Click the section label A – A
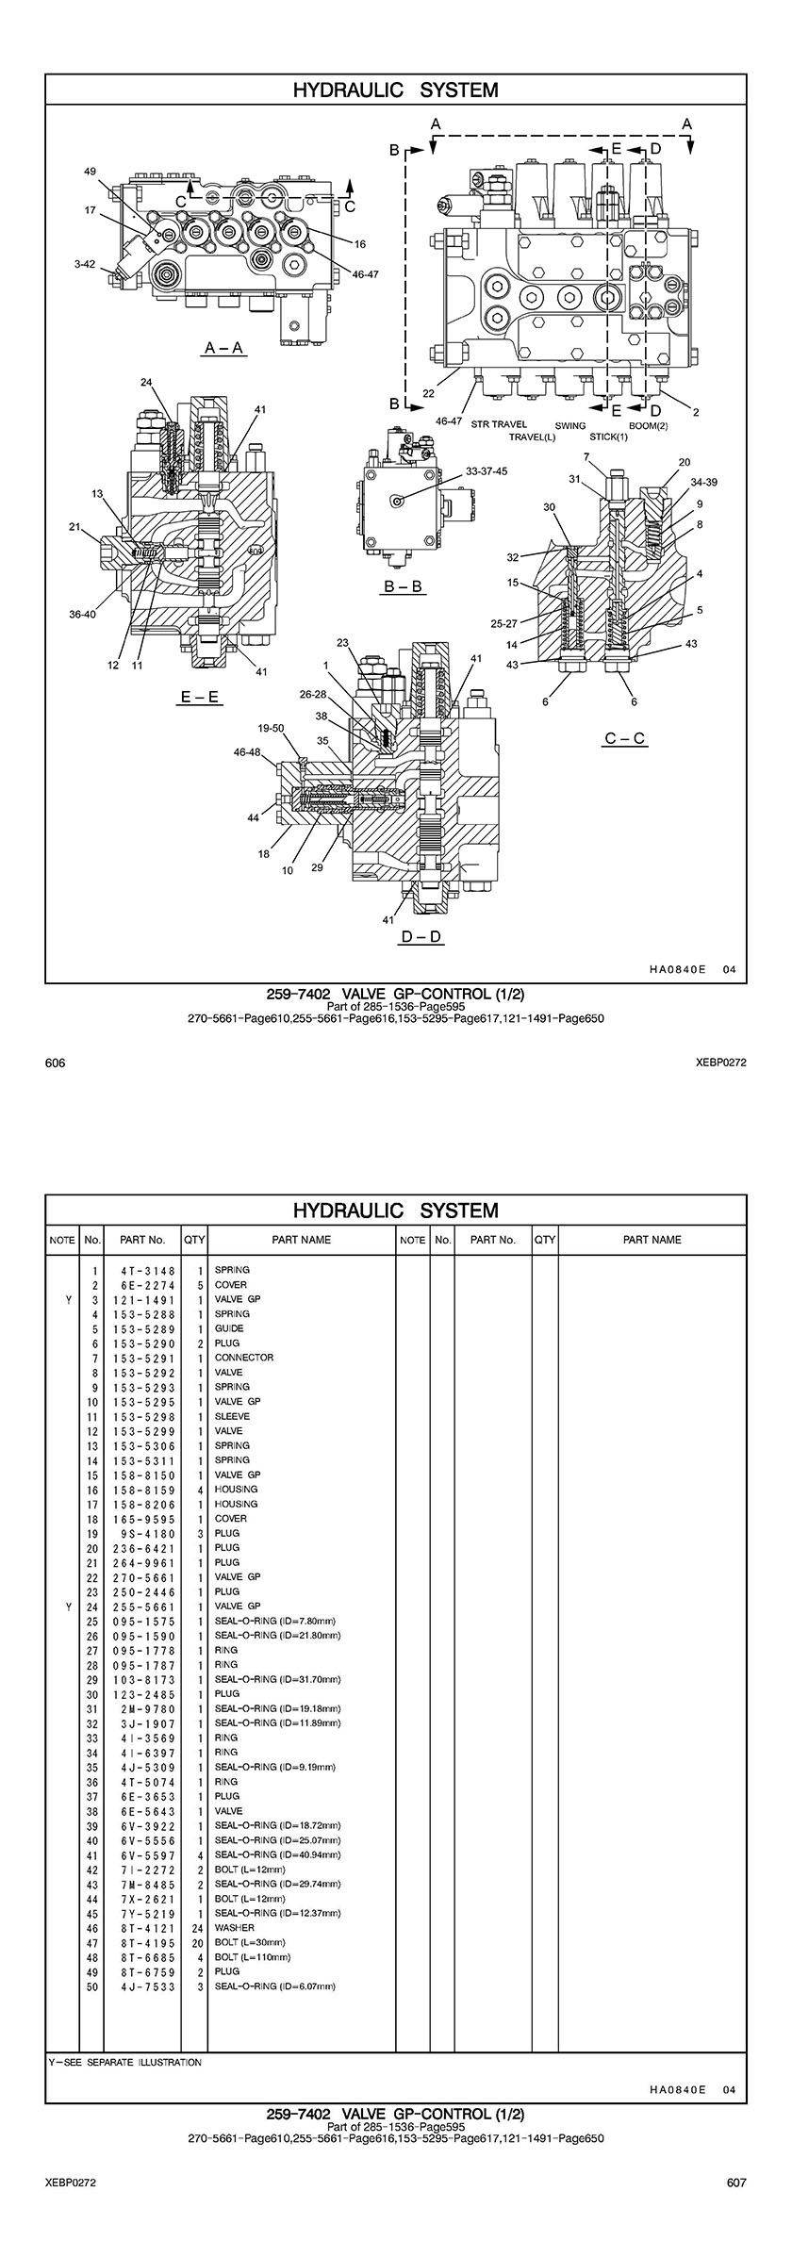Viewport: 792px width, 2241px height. coord(224,349)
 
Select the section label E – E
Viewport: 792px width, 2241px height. coord(200,698)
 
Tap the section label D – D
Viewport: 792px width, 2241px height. coord(421,936)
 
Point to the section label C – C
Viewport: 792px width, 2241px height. coord(626,738)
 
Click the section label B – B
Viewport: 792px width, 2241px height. coord(403,586)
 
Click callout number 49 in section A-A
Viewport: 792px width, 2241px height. coord(91,172)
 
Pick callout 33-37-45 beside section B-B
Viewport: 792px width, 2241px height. coord(487,471)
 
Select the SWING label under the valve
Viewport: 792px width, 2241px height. coord(570,425)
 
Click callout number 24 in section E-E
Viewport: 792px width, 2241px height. coord(146,382)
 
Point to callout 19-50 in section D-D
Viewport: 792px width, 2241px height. coord(271,728)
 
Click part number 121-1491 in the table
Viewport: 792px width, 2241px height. coord(144,1299)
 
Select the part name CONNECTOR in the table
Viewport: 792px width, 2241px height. coord(244,1358)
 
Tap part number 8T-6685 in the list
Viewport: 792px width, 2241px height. coord(144,1957)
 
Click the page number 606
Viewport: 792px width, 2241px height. coord(56,1063)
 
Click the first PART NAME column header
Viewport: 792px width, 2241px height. coord(301,1240)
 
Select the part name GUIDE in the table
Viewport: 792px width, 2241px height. coord(230,1328)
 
